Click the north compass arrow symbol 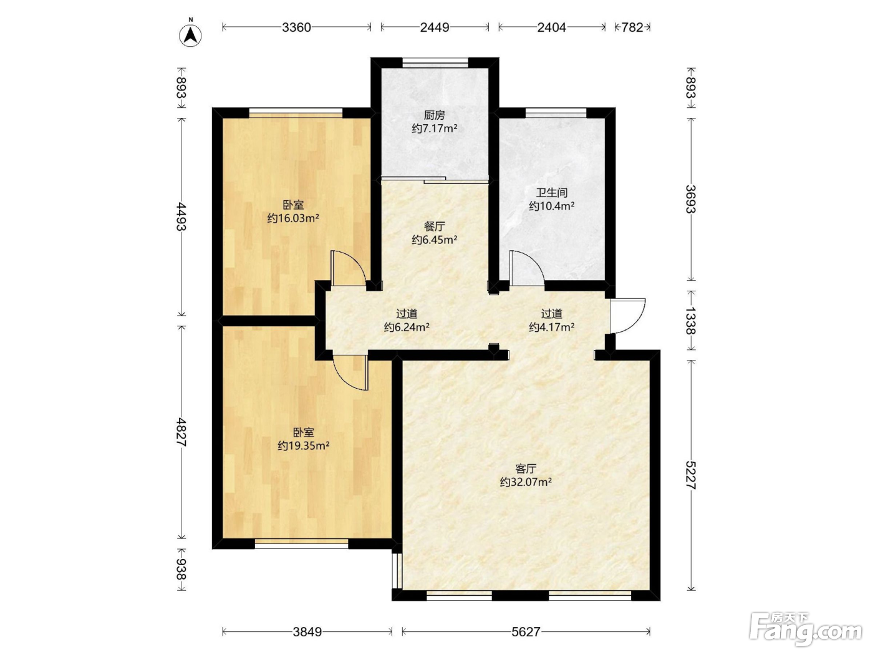coord(191,36)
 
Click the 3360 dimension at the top coord(296,27)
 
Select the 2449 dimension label coord(435,27)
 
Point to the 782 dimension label coord(632,27)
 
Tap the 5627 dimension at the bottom coord(526,631)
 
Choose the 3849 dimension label coord(307,631)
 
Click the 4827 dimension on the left coord(181,432)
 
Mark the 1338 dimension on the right coord(691,320)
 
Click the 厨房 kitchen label coord(434,115)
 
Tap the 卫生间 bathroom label coord(552,193)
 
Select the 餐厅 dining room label coord(434,226)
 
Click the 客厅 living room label coord(526,468)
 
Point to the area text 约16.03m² coord(293,218)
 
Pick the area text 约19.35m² coord(304,446)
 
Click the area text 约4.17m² coord(552,327)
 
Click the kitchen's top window coord(435,62)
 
